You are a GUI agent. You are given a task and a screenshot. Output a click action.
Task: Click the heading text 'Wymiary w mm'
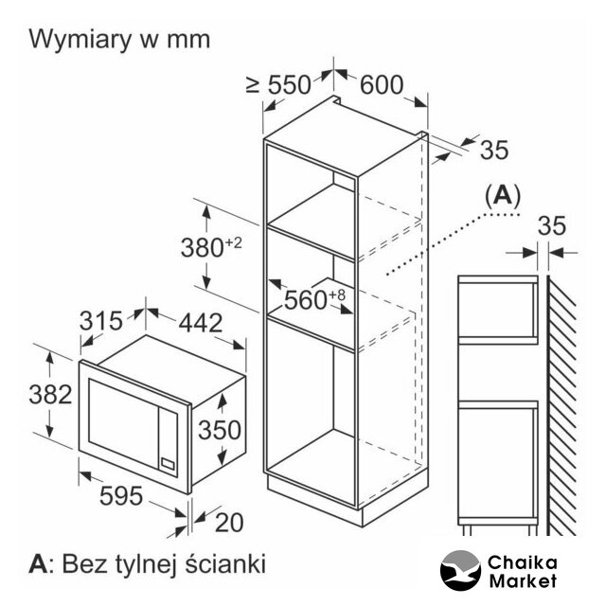119,40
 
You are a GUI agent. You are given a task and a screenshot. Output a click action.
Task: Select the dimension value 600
382,84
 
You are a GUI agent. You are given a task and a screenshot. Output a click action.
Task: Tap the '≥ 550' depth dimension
278,84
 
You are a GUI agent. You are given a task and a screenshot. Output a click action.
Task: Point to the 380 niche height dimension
211,247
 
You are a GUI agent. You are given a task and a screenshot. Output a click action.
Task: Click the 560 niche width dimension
314,299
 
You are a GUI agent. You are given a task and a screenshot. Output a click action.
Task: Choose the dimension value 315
101,321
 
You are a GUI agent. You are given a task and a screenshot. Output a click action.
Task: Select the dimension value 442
201,323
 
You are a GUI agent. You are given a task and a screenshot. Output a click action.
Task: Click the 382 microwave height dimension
50,395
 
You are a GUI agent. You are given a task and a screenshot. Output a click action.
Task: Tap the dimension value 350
220,430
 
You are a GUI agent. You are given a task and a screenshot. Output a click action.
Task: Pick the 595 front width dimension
121,496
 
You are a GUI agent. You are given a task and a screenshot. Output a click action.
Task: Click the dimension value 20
229,523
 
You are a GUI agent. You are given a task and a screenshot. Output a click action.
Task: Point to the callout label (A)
503,195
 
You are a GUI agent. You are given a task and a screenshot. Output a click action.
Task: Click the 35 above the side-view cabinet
551,226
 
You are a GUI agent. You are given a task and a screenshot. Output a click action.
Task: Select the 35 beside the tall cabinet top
494,150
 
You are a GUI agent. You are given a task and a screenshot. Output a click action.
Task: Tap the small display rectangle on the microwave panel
169,463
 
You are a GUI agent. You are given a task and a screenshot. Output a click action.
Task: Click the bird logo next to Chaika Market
461,570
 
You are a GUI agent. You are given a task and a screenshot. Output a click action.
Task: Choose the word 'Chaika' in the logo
522,562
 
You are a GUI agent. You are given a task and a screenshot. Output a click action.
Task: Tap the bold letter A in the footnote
38,564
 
